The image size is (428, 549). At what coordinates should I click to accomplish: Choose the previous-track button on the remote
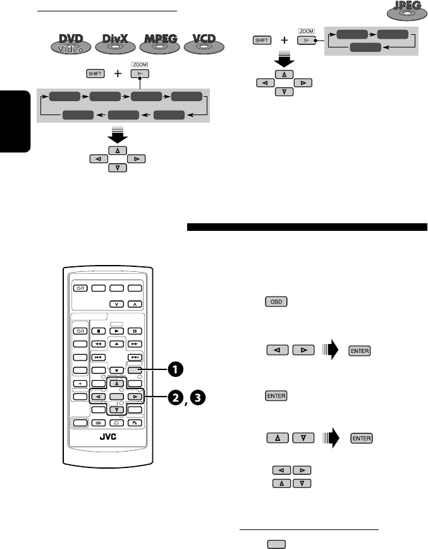pos(98,357)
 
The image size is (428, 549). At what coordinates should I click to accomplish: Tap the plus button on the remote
pos(80,383)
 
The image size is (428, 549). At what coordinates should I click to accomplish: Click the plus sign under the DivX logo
pos(118,73)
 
